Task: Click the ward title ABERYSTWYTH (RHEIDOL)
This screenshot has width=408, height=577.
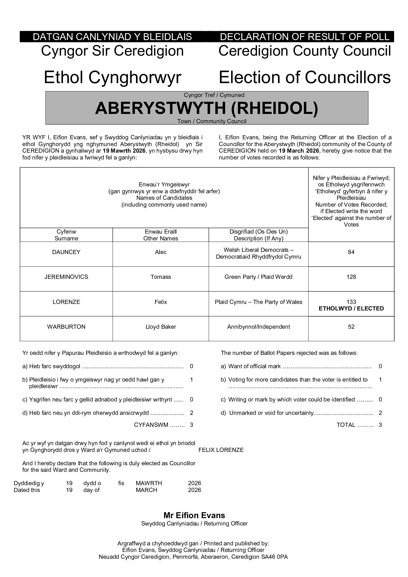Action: (x=207, y=108)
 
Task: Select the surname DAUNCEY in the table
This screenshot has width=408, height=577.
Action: (x=66, y=252)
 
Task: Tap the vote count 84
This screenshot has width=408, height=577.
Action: (x=351, y=252)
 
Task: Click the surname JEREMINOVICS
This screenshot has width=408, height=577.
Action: (x=66, y=277)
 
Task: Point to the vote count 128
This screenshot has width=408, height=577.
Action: (x=351, y=277)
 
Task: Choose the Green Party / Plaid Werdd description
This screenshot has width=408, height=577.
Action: (x=258, y=277)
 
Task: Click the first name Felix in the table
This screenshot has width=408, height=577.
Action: (x=161, y=302)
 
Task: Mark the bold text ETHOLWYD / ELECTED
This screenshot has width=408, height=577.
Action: (x=351, y=309)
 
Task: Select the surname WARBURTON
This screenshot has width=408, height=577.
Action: (x=66, y=327)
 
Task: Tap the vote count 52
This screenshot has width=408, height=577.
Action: (x=351, y=327)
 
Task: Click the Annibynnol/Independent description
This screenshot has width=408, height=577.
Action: (x=258, y=327)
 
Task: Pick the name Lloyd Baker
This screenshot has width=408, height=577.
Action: (x=161, y=327)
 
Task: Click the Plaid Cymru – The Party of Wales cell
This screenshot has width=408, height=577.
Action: (x=258, y=302)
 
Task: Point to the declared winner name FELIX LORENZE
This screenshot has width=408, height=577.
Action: (x=221, y=450)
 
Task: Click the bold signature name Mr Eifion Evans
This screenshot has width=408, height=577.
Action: (x=194, y=515)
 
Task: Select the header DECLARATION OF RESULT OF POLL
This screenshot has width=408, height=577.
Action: (x=304, y=37)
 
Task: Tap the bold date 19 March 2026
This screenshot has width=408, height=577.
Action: (x=299, y=151)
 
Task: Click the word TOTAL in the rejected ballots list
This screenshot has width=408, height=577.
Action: (x=346, y=425)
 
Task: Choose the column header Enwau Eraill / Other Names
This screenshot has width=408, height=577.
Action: (x=161, y=235)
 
